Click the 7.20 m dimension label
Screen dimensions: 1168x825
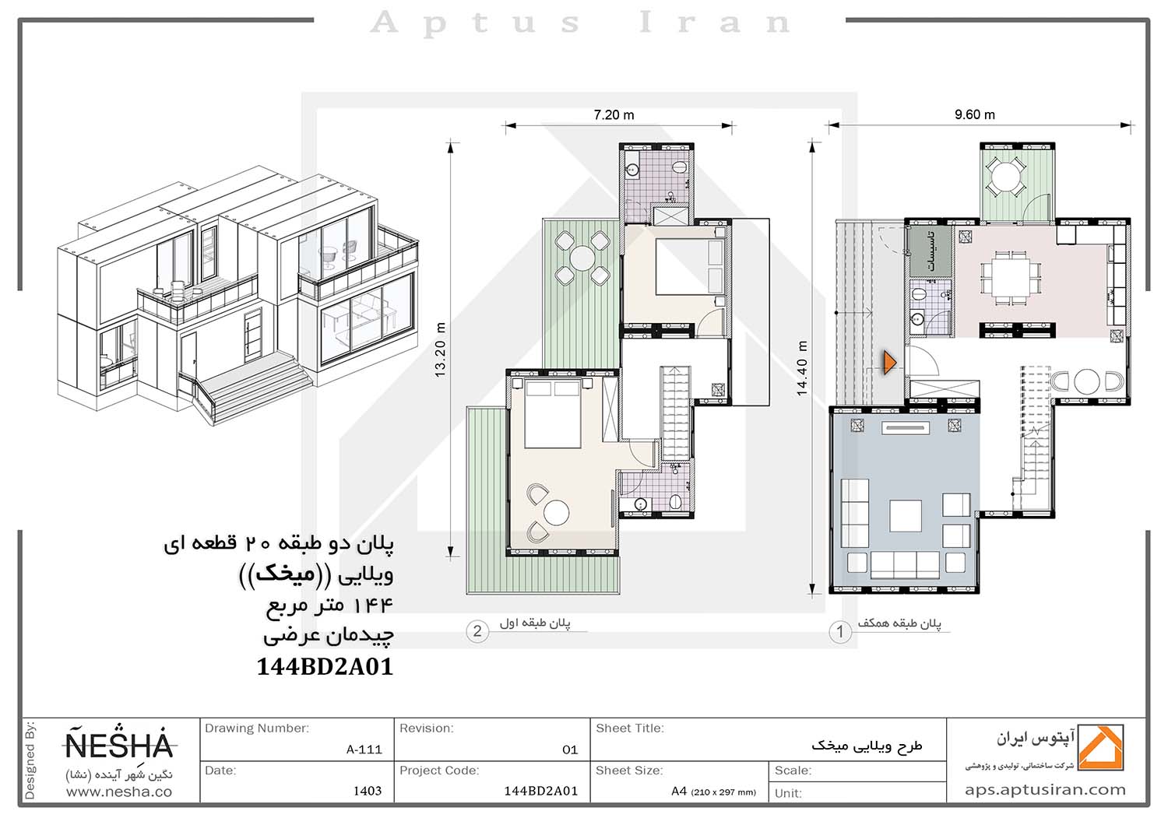[614, 114]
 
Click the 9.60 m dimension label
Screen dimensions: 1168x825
[975, 114]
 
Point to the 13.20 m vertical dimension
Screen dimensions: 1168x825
[440, 349]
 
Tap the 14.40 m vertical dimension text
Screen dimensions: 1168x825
[802, 368]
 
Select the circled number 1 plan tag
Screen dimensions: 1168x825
[840, 632]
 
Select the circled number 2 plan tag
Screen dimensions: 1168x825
[477, 632]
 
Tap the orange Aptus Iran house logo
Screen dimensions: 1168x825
[1101, 747]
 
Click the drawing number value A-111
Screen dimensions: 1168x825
[364, 750]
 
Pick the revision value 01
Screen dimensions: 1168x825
[570, 750]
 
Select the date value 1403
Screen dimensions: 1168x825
[368, 791]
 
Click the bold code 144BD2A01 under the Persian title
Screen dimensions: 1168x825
[325, 666]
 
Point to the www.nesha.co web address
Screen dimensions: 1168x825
[119, 792]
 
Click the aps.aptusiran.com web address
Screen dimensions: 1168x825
[1045, 790]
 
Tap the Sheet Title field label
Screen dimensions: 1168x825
[630, 728]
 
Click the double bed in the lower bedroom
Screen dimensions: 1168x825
[553, 413]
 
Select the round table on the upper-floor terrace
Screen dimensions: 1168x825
[582, 258]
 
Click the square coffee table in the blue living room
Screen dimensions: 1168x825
[905, 515]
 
